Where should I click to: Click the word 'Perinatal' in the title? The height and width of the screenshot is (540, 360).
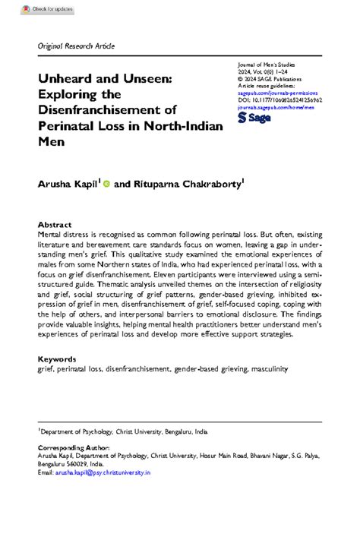point(68,126)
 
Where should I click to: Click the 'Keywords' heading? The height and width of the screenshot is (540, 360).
point(57,358)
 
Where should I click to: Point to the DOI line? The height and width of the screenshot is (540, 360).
point(280,99)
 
